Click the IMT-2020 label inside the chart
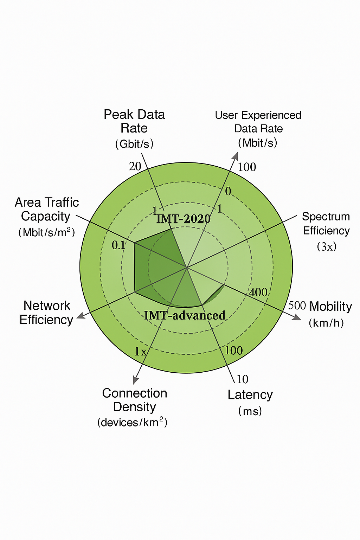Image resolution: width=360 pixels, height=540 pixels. coord(183,219)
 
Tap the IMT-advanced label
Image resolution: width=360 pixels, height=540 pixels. coord(185,315)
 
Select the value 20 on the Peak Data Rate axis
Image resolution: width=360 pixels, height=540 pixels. coord(135,166)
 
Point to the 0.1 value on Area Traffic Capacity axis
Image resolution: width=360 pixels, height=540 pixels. coord(118,245)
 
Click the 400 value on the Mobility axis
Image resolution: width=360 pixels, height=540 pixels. coord(258,292)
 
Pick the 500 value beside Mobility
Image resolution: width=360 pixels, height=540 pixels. coord(297,305)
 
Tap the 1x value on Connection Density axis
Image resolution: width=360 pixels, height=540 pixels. coord(140,352)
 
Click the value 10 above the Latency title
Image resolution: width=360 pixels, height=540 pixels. coord(242,379)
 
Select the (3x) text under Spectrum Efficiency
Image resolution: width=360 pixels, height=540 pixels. coord(327,246)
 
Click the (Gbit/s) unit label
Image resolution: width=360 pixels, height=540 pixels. coord(134,144)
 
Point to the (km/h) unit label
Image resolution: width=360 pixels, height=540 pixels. coord(326,323)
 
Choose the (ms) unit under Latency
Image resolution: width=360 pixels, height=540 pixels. coord(250,411)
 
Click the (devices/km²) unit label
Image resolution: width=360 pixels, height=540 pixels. coord(132,422)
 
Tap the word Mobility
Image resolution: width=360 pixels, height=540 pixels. coord(330,307)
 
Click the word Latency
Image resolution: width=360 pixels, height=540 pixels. coord(250,395)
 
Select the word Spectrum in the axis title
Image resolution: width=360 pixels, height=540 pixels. coord(326,217)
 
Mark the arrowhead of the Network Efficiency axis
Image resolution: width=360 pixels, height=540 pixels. coord(81,316)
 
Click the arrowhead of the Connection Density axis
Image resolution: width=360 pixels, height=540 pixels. coord(135,380)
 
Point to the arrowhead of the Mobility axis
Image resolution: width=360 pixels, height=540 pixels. coord(297,317)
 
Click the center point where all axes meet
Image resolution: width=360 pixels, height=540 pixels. coord(187,268)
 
